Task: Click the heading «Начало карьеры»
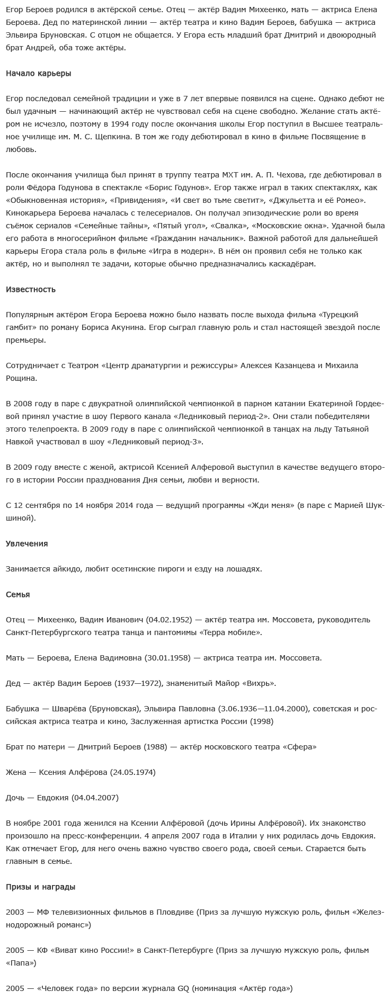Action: [38, 74]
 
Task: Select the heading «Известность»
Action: [30, 289]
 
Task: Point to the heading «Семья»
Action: [17, 594]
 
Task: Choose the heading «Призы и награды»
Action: [40, 887]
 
